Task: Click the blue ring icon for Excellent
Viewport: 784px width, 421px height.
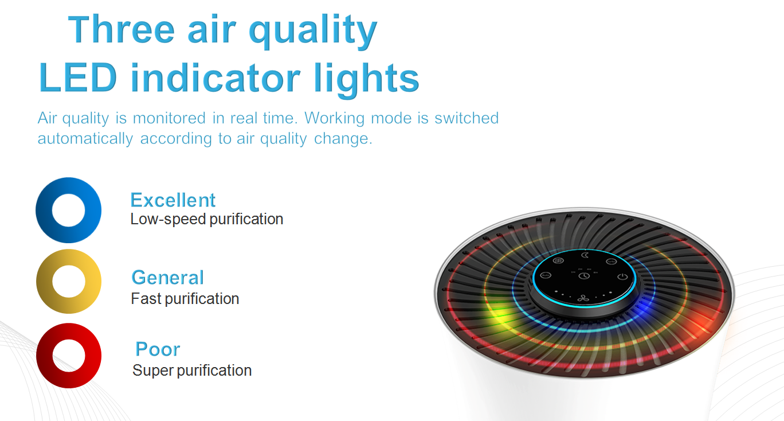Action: click(44, 210)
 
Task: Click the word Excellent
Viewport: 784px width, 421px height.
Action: click(173, 200)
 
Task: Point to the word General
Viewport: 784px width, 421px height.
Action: click(168, 278)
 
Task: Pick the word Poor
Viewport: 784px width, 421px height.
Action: click(158, 349)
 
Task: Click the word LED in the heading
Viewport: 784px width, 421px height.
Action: click(78, 77)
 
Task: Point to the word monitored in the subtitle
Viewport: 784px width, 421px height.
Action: click(169, 118)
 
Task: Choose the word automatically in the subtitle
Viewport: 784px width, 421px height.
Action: click(85, 138)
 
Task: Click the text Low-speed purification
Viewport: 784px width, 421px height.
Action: click(207, 220)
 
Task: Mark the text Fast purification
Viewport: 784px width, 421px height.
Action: click(185, 299)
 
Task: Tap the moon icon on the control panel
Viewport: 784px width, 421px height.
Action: click(585, 255)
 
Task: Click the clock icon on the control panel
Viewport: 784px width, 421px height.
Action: click(584, 276)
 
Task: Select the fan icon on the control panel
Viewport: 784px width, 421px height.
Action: click(583, 298)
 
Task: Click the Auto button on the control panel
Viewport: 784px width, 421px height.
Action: click(546, 275)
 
